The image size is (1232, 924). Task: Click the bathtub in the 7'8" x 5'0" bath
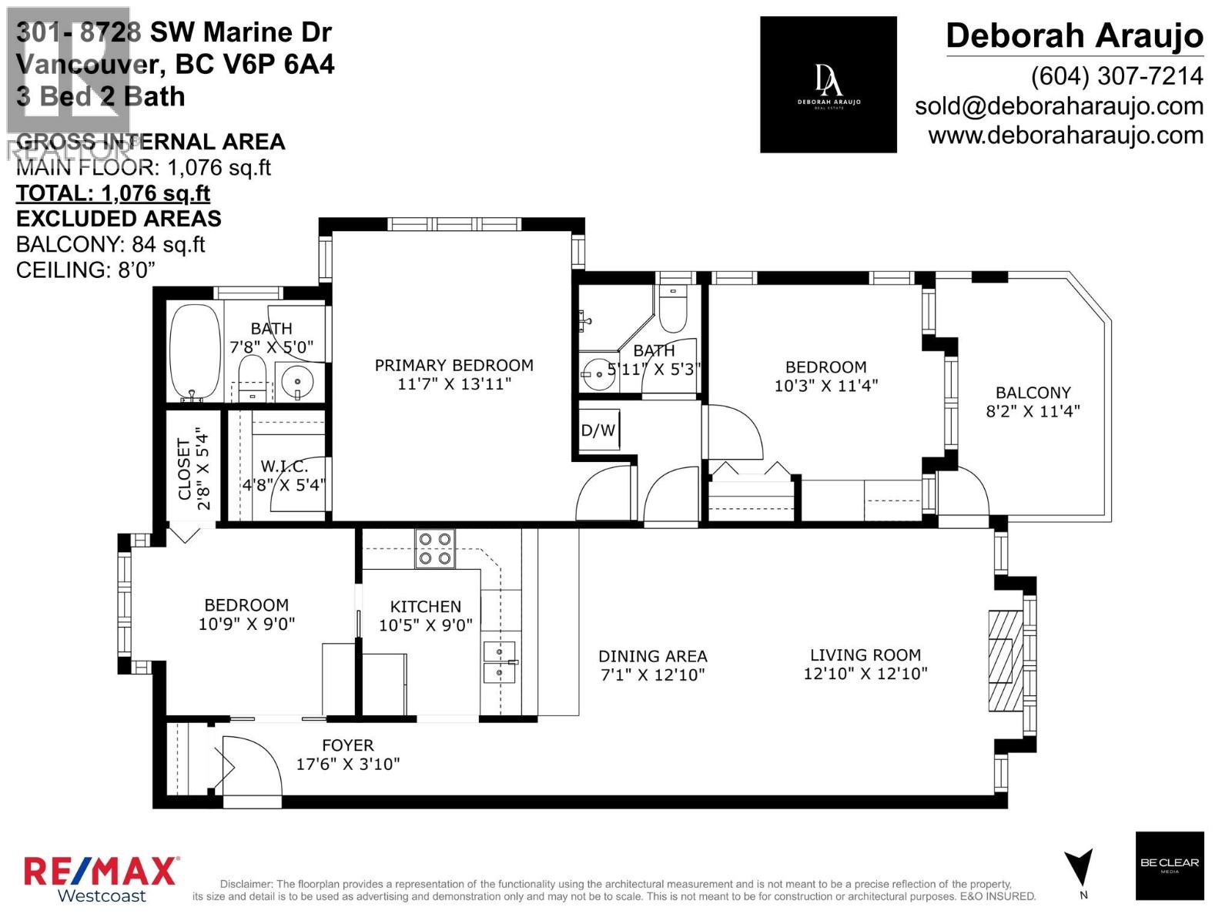coord(195,352)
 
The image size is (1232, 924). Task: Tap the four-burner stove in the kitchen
coord(434,548)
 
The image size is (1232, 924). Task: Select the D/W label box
coord(598,430)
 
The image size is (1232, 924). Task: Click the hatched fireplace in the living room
coord(1000,660)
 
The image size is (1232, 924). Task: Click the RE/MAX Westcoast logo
coord(101,879)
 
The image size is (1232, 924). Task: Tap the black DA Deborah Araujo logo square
coord(828,85)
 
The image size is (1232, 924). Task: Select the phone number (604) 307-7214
coord(1116,75)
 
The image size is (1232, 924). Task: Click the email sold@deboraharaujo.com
coord(1059,106)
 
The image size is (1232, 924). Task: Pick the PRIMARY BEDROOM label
coord(454,366)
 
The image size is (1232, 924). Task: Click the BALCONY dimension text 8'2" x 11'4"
coord(1033,411)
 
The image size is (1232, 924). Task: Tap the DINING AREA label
coord(652,656)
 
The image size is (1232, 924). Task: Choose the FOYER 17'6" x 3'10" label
coord(348,755)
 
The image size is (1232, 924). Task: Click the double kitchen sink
coord(499,663)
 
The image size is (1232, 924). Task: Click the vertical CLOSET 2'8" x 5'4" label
coord(193,469)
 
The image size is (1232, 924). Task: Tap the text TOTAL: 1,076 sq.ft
coord(113,193)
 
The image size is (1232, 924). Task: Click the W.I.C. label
coord(283,467)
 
